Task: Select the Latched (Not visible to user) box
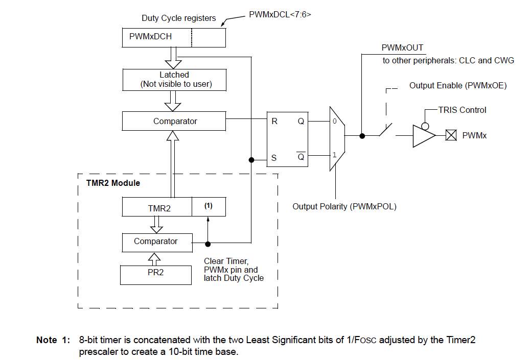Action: pos(174,79)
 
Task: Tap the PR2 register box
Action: pos(156,273)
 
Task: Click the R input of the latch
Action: pos(274,122)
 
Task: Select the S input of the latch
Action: pos(273,158)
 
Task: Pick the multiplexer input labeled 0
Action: pos(334,122)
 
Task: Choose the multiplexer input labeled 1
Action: pos(334,154)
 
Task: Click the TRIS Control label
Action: pos(462,110)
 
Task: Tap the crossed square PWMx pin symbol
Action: pos(451,136)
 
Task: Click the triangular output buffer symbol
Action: pos(424,136)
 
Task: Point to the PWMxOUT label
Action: pos(402,47)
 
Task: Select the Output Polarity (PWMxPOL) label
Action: pos(344,206)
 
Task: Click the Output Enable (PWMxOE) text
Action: pos(457,85)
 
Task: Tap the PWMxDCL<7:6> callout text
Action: pos(280,15)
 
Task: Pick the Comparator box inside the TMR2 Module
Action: pos(156,241)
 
